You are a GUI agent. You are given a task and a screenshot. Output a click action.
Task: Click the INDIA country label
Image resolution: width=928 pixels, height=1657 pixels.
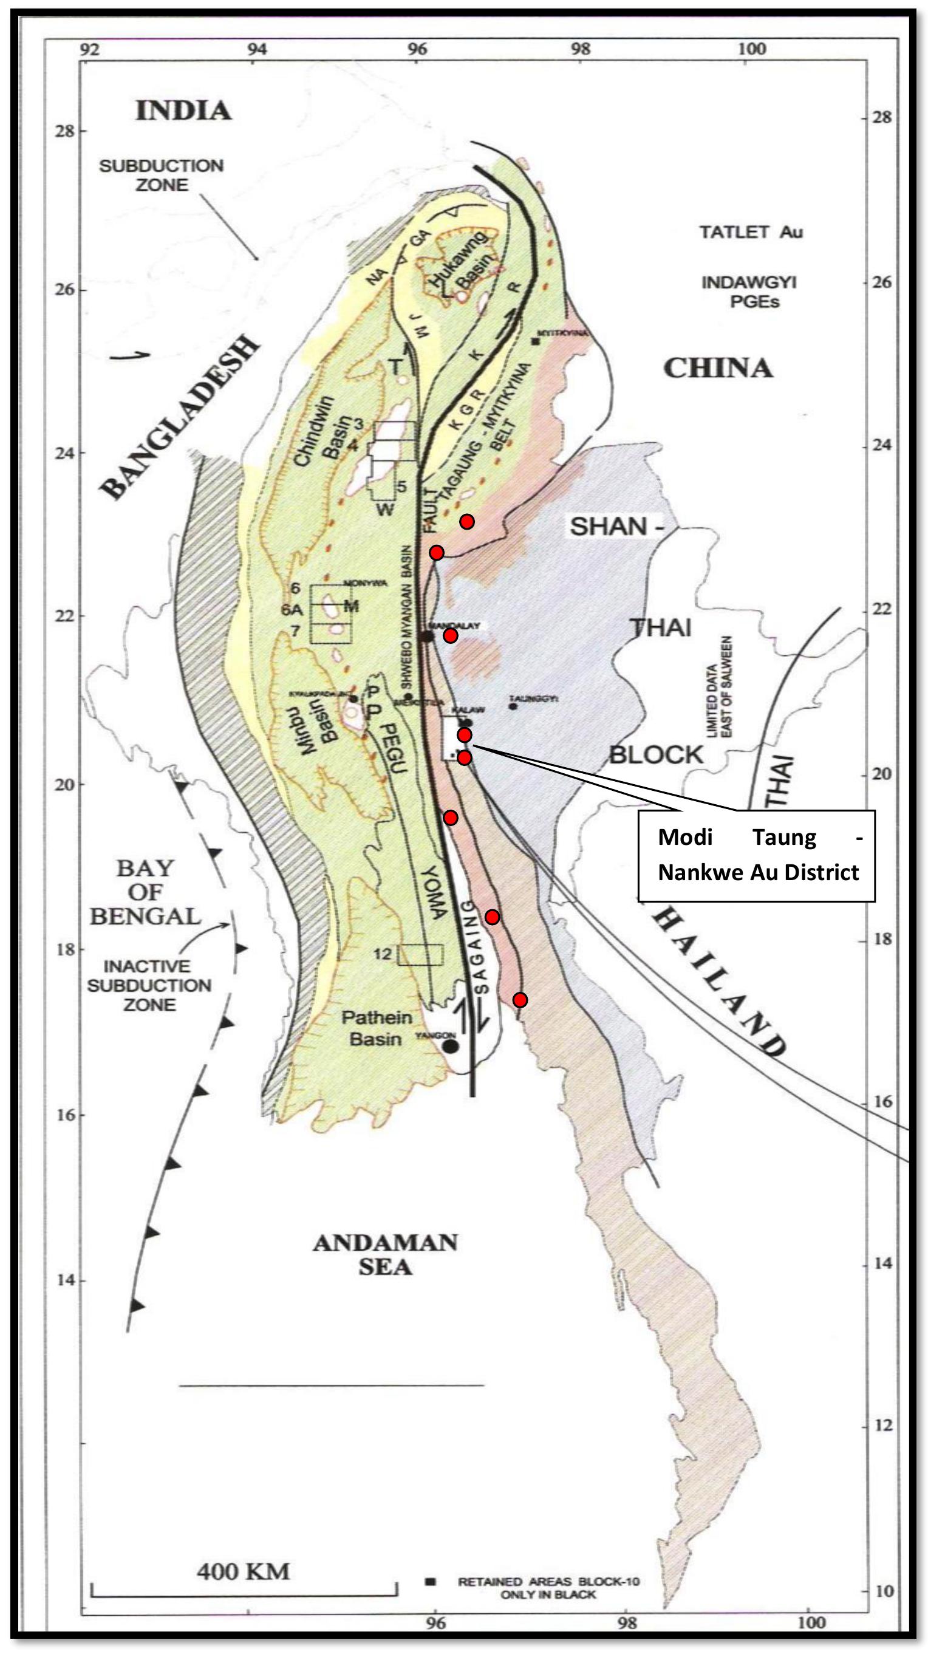coord(183,111)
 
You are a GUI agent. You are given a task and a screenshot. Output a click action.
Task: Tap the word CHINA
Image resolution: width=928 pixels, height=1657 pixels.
coord(717,368)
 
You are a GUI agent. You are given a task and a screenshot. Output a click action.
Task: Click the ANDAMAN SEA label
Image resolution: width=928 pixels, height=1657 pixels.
coord(384,1254)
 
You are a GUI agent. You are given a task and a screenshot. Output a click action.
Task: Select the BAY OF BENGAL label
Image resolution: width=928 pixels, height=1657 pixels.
coord(145,892)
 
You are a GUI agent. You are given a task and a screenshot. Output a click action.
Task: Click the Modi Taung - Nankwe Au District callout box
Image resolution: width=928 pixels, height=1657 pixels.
coord(756,855)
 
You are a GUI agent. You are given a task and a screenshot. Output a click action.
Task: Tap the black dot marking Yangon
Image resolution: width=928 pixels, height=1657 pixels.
coord(451,1047)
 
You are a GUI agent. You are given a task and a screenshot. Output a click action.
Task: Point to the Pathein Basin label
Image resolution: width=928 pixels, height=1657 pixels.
coord(376,1028)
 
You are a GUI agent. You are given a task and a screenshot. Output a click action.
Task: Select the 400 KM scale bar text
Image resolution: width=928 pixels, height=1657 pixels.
coord(243,1571)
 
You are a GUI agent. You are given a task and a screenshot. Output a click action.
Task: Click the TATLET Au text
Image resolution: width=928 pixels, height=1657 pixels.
coord(751,232)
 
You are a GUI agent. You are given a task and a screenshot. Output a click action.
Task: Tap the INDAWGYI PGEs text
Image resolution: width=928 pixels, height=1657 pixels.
coord(749,292)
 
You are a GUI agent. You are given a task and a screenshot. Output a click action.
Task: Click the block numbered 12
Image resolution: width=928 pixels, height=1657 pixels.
coord(420,955)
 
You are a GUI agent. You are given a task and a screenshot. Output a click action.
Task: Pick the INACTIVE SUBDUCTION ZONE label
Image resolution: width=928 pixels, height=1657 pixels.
coord(149,985)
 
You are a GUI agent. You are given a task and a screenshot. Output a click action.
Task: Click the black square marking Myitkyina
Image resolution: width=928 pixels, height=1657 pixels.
coord(535,341)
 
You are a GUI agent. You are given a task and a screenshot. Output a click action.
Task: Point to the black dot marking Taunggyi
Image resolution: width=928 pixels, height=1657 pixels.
coord(513,706)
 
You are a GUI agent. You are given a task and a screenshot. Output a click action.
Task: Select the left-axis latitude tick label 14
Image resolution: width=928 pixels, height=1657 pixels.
coord(66,1280)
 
